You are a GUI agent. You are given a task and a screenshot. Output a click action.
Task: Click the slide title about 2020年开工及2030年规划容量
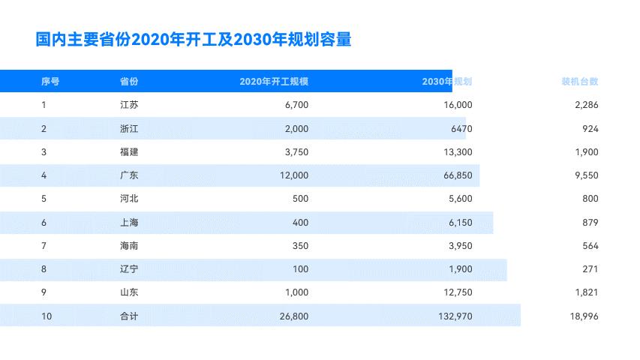[x=194, y=39]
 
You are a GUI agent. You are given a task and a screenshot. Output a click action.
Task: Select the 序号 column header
[x=50, y=82]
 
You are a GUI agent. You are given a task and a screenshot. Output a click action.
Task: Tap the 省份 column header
[x=129, y=82]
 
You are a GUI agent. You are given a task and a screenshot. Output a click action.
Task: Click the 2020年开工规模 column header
[x=274, y=82]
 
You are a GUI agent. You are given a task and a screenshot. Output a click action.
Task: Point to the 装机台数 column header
[x=580, y=82]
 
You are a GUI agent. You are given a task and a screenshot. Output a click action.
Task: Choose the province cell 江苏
[x=129, y=105]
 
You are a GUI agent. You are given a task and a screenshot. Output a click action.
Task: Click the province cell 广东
[x=129, y=175]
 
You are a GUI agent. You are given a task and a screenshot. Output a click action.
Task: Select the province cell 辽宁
[x=129, y=269]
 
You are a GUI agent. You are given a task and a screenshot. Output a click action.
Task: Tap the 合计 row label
[x=129, y=316]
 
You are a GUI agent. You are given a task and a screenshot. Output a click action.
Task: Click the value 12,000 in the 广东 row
[x=292, y=175]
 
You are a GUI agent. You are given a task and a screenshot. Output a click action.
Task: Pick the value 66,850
[x=455, y=175]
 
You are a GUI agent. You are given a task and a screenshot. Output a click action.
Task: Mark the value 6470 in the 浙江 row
[x=459, y=129]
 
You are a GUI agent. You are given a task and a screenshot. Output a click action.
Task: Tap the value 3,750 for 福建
[x=296, y=152]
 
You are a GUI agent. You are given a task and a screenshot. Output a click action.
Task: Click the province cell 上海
[x=129, y=223]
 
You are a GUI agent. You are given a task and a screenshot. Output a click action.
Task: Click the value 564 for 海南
[x=590, y=246]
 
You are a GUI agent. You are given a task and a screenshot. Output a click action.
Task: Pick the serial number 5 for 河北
[x=44, y=199]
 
